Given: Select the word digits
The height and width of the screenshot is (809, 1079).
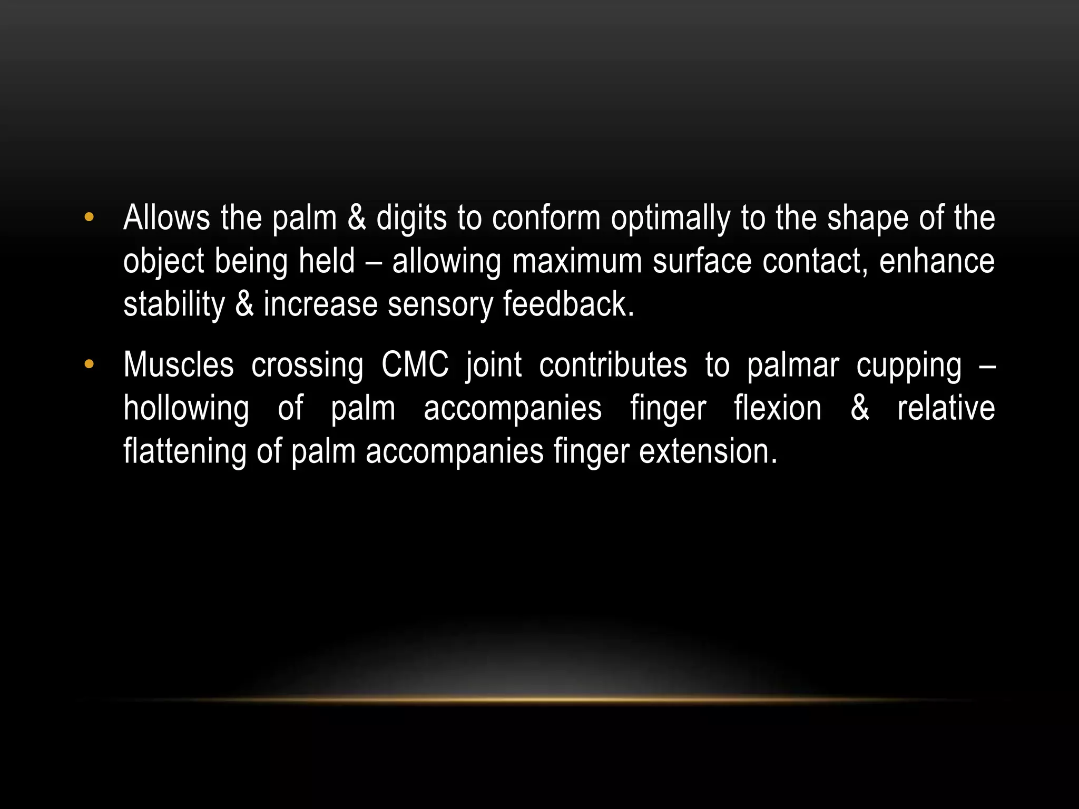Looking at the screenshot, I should (411, 219).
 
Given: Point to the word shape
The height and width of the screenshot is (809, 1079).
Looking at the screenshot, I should (868, 219).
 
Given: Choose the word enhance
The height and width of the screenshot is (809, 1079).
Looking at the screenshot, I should (936, 261).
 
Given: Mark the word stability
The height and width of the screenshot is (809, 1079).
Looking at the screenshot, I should (174, 305).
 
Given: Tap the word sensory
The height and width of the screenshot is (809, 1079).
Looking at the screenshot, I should (439, 305).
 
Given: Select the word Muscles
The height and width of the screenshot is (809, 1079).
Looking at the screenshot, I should (178, 364).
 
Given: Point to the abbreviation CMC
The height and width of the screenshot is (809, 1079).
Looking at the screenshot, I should (415, 364).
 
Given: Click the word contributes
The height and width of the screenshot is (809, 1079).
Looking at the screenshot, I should (613, 364).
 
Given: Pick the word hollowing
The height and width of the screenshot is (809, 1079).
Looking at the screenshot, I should (186, 409).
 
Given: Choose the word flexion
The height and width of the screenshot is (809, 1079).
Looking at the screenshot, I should (778, 408).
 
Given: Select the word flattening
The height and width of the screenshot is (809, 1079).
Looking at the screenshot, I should (184, 452).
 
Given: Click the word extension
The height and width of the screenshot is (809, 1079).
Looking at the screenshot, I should (708, 451).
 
